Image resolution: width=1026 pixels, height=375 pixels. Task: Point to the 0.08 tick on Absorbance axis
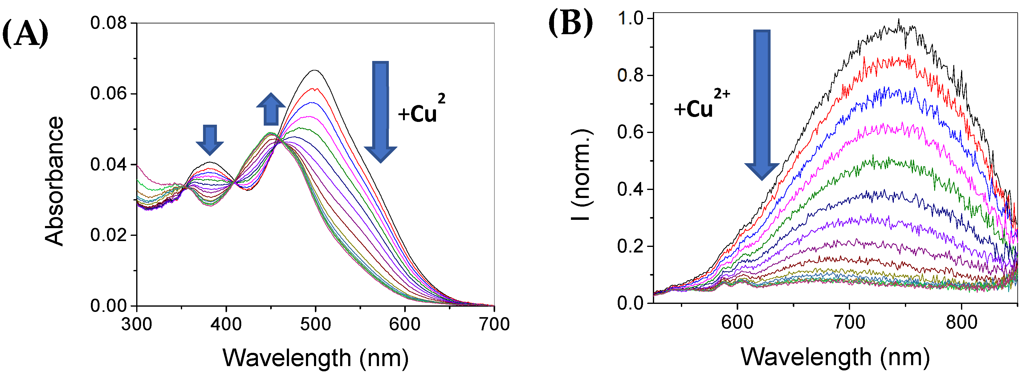[x=108, y=23]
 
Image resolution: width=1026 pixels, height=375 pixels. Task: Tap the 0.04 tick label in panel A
[x=108, y=164]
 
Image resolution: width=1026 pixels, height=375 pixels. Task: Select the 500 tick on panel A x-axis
[x=316, y=324]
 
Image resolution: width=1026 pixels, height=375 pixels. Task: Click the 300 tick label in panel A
[x=136, y=324]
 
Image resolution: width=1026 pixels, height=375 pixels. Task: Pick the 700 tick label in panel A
[x=494, y=324]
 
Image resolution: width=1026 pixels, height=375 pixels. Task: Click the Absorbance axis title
[x=54, y=181]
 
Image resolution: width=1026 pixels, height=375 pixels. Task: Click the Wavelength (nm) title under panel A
[x=316, y=357]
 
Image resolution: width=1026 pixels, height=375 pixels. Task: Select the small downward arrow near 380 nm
[x=210, y=140]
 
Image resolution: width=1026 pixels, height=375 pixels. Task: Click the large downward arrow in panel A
[x=381, y=111]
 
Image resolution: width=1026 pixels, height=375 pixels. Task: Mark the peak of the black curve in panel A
[x=315, y=71]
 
